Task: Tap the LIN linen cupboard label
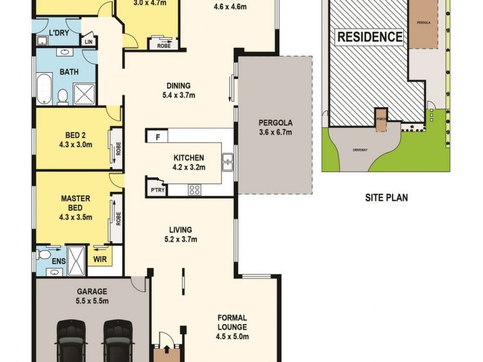(x=89, y=42)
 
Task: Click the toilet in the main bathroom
(x=62, y=97)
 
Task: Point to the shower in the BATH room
(x=85, y=94)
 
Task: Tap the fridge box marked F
(x=158, y=137)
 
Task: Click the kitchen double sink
(x=228, y=161)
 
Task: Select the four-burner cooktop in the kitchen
(x=195, y=189)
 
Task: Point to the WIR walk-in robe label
(x=100, y=260)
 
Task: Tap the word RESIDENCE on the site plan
(x=369, y=36)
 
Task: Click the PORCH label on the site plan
(x=381, y=119)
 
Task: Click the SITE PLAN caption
(x=386, y=197)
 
